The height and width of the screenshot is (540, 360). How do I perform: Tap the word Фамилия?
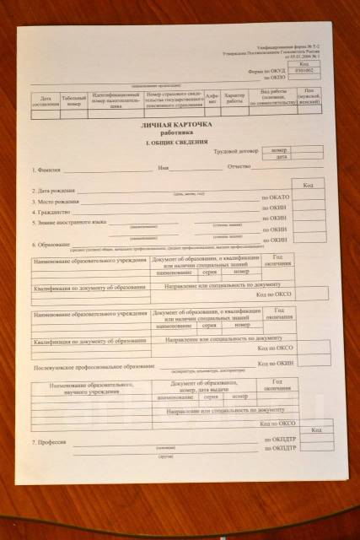pyautogui.click(x=47, y=169)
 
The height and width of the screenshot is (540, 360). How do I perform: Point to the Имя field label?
pyautogui.click(x=163, y=167)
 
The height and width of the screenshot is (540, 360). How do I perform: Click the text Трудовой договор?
pyautogui.click(x=233, y=150)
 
